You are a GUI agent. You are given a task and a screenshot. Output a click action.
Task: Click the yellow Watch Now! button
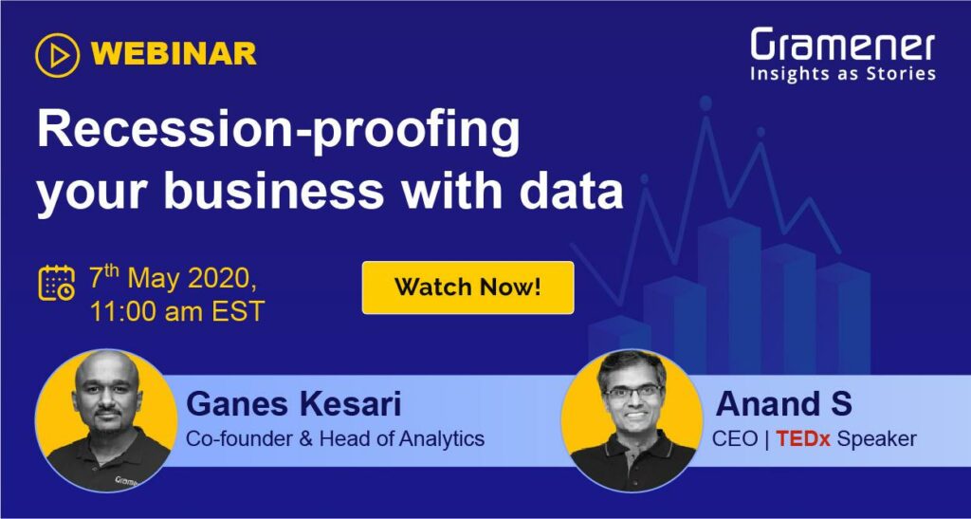468,287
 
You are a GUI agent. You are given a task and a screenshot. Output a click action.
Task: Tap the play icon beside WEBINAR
58,55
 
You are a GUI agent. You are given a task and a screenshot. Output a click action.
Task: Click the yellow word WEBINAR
177,54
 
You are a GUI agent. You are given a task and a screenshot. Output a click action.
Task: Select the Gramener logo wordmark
843,46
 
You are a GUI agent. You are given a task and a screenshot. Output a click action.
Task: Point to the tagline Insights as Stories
843,74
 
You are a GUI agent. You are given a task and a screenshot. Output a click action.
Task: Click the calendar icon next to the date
56,283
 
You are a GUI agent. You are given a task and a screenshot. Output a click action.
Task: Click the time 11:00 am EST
177,310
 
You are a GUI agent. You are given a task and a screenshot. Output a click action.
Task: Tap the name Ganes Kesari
294,404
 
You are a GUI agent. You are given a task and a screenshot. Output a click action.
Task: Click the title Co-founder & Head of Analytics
335,439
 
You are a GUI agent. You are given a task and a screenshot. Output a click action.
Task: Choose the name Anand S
784,404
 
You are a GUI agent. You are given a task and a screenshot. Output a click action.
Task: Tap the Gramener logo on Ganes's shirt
126,481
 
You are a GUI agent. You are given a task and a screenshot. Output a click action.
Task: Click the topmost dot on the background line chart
705,102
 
